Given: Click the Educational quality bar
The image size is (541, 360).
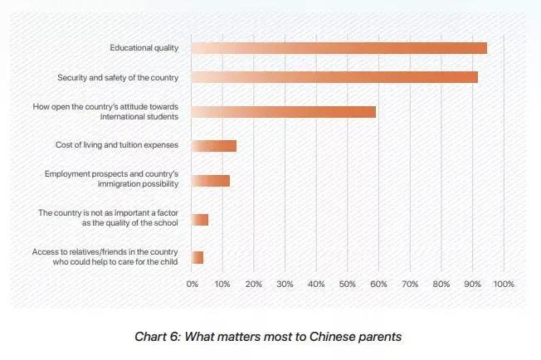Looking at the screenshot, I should (339, 48).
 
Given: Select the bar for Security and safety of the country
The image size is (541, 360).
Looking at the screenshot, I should (334, 77).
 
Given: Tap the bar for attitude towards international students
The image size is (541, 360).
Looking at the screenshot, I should (283, 112).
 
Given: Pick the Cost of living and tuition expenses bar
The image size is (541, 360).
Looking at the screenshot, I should (213, 146).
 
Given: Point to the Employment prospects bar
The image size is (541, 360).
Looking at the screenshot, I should (210, 180).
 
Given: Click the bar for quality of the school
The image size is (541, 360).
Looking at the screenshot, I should (199, 219).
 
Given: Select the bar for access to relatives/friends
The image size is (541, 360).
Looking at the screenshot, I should (197, 257).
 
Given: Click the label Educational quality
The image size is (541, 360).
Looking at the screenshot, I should (144, 48).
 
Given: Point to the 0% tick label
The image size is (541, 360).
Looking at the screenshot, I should (192, 285).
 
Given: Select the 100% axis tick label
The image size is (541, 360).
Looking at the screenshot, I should (504, 285).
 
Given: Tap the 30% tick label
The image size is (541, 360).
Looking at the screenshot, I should (285, 285).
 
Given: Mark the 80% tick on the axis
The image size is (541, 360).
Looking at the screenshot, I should (441, 285).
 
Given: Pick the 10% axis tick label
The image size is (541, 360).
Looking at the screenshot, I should (222, 285).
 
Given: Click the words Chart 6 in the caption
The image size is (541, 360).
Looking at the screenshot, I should (158, 337).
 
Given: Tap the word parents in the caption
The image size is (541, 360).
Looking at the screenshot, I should (378, 337).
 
